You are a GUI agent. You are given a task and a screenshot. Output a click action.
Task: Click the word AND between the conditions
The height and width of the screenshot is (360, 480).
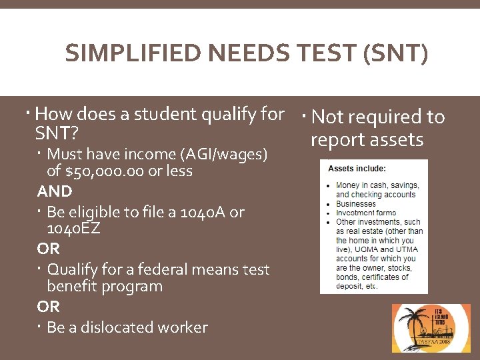pos(55,192)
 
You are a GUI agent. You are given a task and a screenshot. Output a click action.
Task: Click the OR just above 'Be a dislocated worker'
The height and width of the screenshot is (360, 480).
pos(48,307)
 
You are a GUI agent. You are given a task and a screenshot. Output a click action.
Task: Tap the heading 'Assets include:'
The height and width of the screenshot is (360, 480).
pos(357,168)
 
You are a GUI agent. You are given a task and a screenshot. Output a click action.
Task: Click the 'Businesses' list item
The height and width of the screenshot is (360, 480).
pos(356,204)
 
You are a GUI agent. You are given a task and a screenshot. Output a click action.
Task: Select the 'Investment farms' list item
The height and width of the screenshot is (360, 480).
pos(366,213)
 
